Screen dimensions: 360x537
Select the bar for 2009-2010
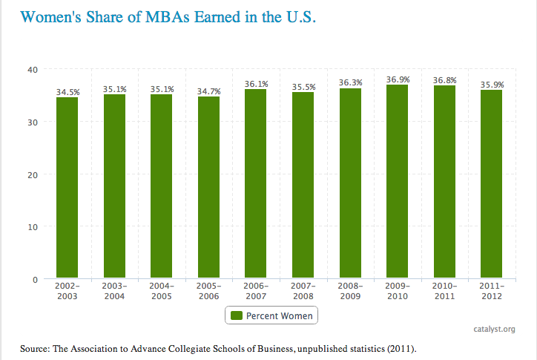tap(398, 182)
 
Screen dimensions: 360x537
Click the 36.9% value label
tap(398, 79)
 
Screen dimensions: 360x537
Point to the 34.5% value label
tap(67, 91)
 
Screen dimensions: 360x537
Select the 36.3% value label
tap(350, 82)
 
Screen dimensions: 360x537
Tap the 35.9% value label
tap(492, 84)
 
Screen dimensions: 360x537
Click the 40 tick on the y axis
tap(33, 70)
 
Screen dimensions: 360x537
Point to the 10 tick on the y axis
tap(33, 226)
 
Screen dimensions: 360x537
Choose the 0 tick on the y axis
tap(35, 279)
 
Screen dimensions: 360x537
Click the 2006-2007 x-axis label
tap(256, 291)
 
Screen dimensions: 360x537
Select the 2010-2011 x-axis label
tap(445, 291)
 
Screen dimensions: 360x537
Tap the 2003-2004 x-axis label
tap(114, 291)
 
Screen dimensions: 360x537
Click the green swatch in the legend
tap(237, 315)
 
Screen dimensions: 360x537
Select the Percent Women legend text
tap(279, 315)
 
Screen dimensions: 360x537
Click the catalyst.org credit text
tap(495, 329)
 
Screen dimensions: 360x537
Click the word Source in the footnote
tap(36, 347)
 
